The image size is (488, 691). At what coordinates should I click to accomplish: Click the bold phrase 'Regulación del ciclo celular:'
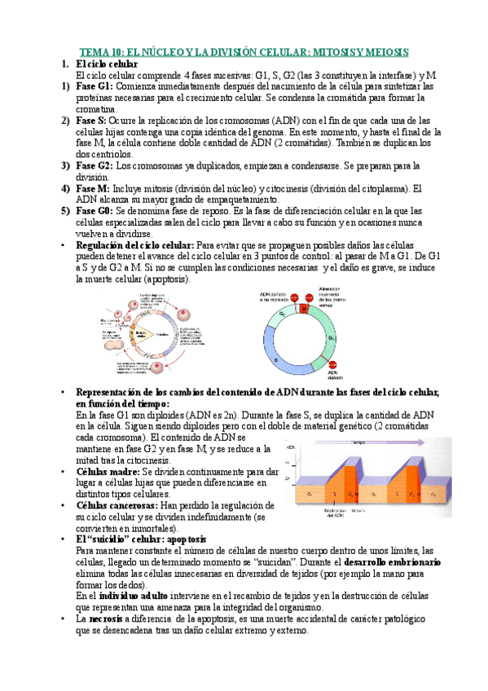coord(134,245)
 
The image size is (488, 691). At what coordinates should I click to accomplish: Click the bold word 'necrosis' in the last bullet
coord(109,618)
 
